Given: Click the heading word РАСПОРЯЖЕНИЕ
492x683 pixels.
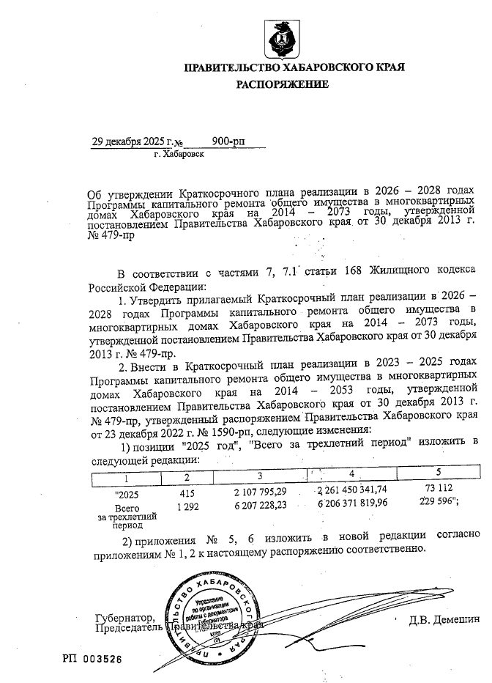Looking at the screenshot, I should (282, 85).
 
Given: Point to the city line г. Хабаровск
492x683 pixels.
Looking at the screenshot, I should (179, 155).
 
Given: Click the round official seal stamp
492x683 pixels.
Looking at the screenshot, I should (212, 613).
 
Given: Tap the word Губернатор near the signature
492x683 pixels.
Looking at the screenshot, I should (125, 618).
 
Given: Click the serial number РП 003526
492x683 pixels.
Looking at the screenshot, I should (92, 659).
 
